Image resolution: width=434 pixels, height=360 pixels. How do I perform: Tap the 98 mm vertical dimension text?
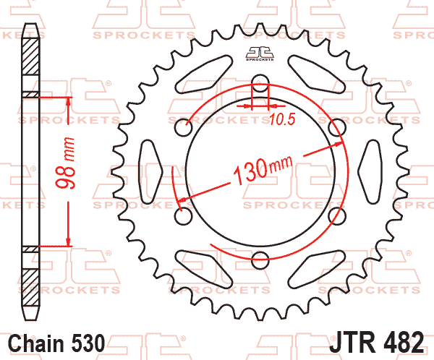coord(65,163)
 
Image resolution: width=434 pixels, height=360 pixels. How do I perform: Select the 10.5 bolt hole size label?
coord(282,119)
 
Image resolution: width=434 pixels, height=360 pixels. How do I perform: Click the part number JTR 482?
coord(376,342)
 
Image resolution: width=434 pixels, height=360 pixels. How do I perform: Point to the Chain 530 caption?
coord(56,343)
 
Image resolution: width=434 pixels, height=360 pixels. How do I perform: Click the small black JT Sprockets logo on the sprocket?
coord(260,53)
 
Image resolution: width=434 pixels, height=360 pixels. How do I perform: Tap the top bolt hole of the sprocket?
coord(260,83)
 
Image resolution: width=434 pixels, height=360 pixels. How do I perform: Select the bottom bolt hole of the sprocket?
coord(260,260)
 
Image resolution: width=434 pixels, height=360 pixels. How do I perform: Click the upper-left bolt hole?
coord(184,127)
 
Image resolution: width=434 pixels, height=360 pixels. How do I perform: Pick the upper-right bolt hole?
coord(337,127)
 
